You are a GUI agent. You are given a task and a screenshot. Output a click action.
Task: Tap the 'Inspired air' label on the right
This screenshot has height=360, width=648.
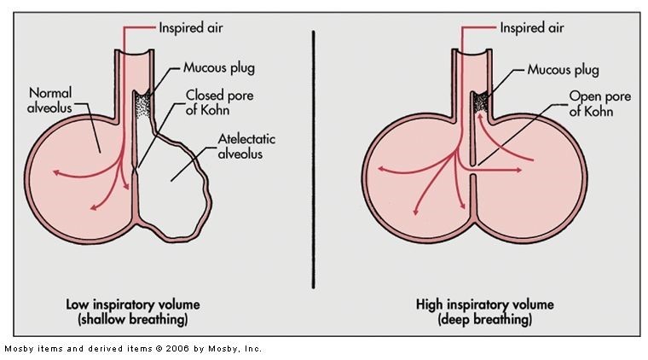[533, 26]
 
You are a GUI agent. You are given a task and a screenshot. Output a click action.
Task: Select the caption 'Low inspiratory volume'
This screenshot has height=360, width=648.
[128, 304]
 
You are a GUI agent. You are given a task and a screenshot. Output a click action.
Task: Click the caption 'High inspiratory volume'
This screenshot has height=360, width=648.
[484, 304]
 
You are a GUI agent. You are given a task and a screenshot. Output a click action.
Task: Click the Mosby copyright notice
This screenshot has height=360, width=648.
[133, 348]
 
